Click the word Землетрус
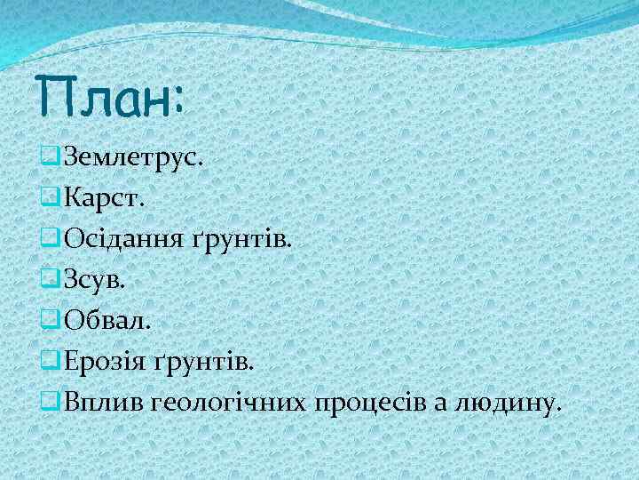[x=133, y=158]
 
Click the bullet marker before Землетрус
[x=50, y=159]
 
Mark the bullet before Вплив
[x=50, y=404]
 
